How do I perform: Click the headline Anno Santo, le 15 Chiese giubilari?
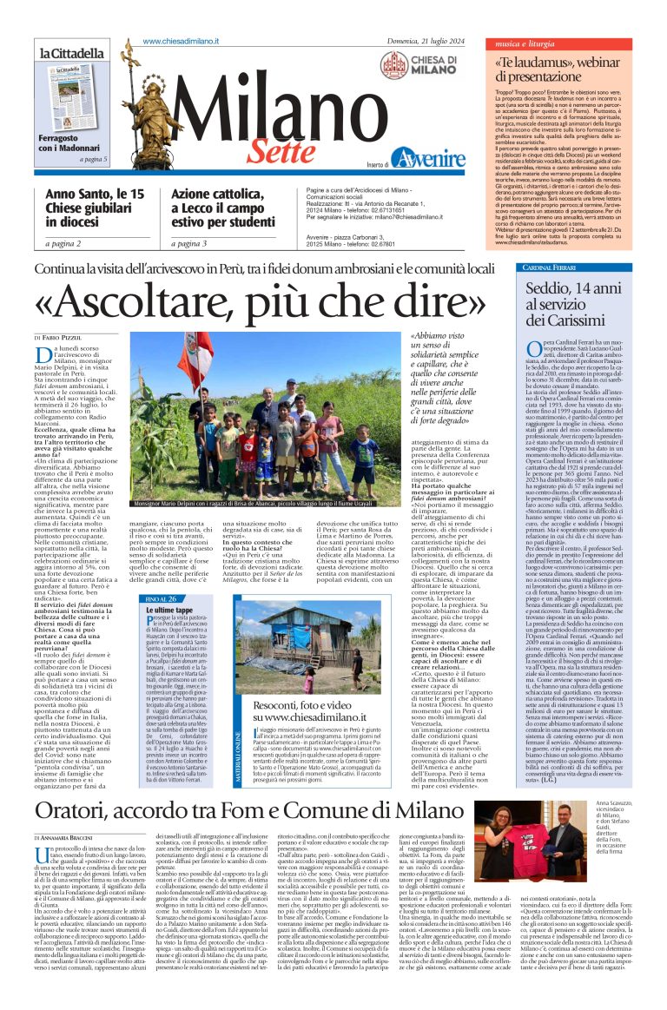(95, 208)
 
